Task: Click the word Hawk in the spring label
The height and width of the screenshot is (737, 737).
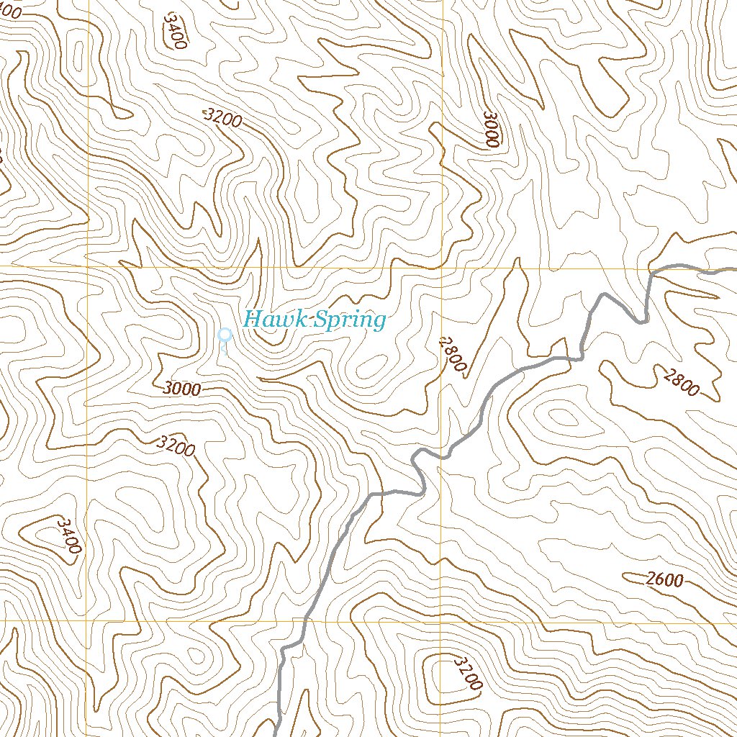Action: point(274,319)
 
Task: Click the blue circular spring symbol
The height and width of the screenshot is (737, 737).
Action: point(225,335)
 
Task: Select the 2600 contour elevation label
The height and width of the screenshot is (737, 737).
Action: point(664,579)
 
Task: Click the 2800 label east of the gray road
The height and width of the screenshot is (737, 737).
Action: point(682,381)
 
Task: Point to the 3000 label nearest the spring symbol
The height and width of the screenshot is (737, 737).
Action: point(181,389)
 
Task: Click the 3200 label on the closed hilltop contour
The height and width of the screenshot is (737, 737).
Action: point(467,672)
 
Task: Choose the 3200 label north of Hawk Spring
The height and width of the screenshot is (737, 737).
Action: point(222,118)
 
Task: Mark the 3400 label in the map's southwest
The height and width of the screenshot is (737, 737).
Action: point(69,535)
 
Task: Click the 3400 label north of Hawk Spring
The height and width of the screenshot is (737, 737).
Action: point(175,30)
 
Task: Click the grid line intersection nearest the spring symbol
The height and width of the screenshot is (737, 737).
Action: point(89,266)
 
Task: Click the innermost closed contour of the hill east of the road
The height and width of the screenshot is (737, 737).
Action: point(562,415)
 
